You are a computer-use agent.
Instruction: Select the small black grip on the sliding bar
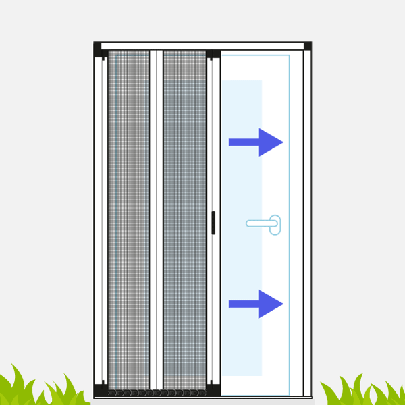point(213,222)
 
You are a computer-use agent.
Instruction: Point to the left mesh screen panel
point(128,216)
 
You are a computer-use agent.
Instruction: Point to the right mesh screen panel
point(184,216)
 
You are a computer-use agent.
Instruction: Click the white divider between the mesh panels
point(157,216)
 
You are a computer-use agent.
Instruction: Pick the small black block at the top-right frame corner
point(308,46)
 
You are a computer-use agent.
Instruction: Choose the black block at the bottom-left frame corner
point(101,390)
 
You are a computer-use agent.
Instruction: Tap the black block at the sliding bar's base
point(213,389)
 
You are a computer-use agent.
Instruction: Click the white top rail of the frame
point(202,46)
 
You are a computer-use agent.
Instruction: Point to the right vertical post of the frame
point(307,223)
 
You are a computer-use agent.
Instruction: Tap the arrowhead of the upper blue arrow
point(271,142)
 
